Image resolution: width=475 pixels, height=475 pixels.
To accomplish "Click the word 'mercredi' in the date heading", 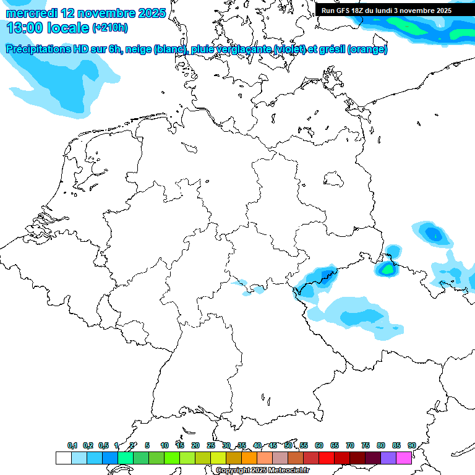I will pos(32,13).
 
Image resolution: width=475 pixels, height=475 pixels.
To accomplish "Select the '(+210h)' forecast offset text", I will pos(110,28).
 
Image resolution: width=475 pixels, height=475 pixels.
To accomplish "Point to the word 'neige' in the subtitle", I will pos(138,49).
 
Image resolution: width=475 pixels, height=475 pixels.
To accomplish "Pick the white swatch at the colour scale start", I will pos(63,458).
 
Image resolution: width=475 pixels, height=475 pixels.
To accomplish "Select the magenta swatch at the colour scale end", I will pos(404,458).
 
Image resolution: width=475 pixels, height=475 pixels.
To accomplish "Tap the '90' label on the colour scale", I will pos(411,445).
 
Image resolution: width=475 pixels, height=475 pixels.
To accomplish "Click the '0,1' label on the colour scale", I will pos(72,445).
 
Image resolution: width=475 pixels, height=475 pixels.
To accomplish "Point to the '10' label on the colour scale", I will pos(165,445).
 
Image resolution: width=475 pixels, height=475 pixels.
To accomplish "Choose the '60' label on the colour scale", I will pos(319,445).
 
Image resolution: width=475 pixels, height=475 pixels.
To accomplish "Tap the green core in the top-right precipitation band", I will pos(405,25).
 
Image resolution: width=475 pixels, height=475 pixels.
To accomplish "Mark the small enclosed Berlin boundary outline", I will pos(334,179).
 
